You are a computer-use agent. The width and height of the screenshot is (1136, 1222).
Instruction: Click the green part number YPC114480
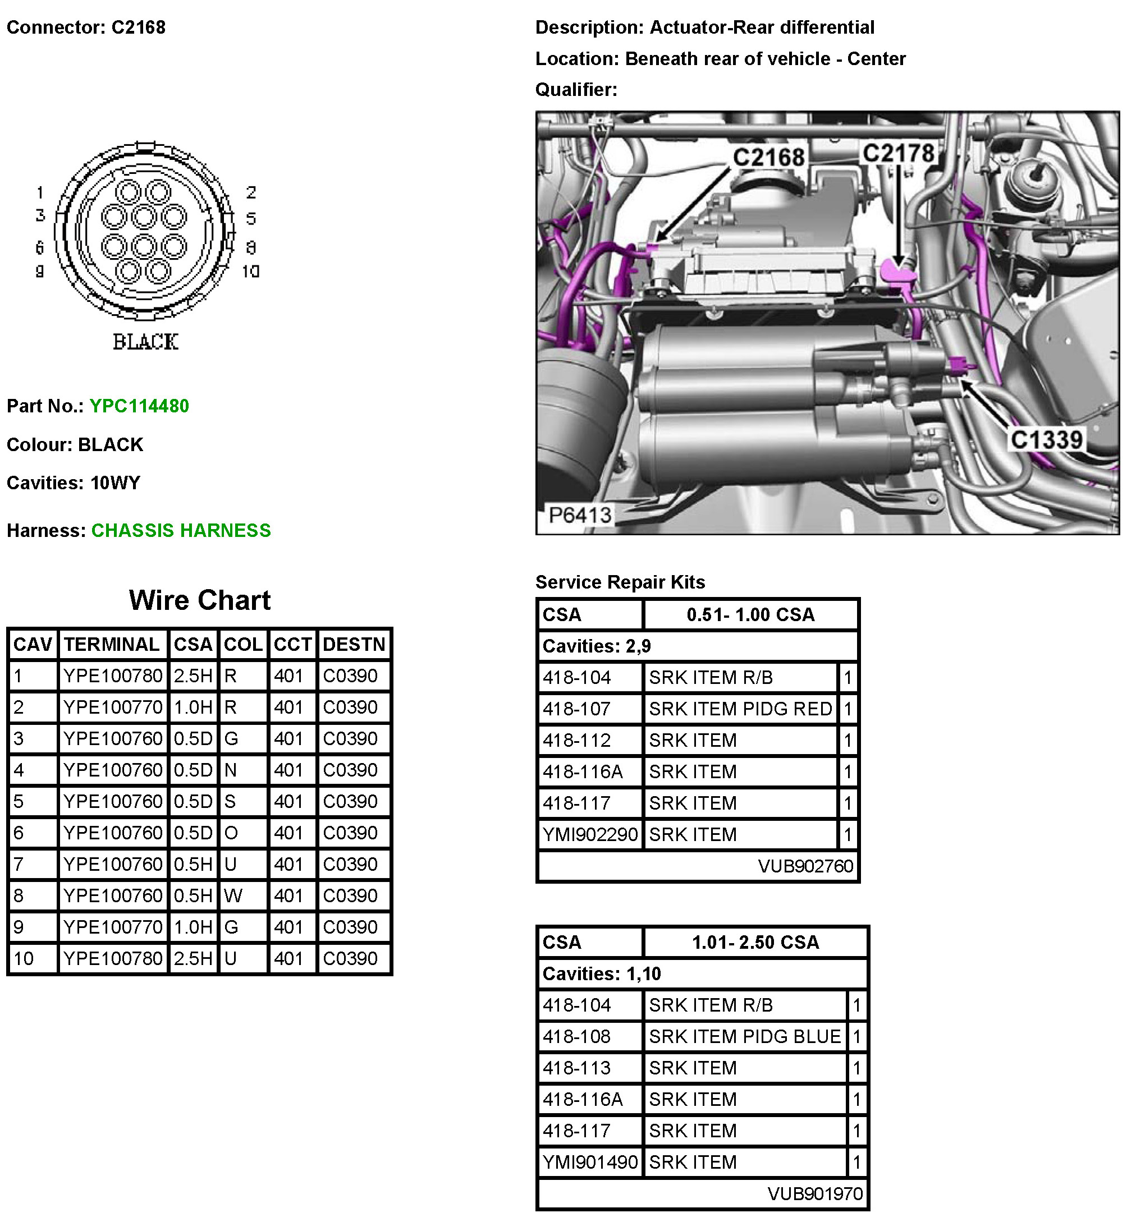(x=139, y=406)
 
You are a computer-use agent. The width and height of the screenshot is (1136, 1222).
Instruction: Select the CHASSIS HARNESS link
(x=181, y=530)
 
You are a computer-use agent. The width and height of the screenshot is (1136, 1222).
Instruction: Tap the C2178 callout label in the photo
(x=898, y=153)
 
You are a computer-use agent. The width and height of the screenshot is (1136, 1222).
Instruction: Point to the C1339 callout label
(x=1046, y=440)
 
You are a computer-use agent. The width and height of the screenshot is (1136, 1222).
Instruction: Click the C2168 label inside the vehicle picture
(x=768, y=157)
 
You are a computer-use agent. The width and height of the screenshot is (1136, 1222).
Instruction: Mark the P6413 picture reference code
(x=580, y=515)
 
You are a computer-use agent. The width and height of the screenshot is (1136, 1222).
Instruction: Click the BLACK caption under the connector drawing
(x=146, y=342)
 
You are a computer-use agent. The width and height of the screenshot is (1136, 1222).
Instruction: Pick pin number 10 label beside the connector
(x=251, y=271)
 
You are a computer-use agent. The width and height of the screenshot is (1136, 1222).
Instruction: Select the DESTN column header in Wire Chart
(x=354, y=644)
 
